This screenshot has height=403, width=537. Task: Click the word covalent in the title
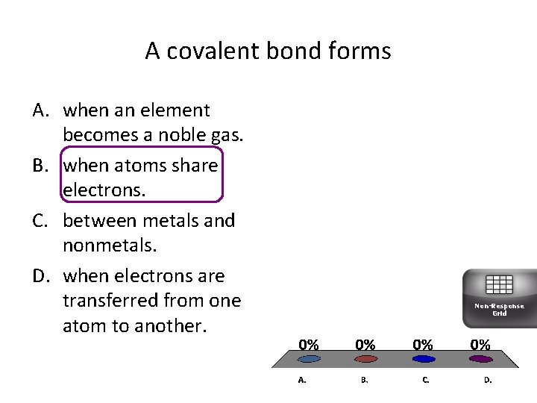tap(211, 51)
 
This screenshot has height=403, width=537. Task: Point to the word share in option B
tap(192, 166)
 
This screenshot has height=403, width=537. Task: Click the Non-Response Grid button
tap(499, 299)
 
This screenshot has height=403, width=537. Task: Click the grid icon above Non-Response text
tap(499, 284)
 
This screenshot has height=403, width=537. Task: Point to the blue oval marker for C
tap(424, 359)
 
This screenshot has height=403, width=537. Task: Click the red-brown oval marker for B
tap(365, 359)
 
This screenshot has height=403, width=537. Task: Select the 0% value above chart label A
tap(309, 345)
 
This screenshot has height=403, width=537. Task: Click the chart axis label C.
tap(425, 380)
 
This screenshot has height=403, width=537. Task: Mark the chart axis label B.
tap(364, 380)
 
